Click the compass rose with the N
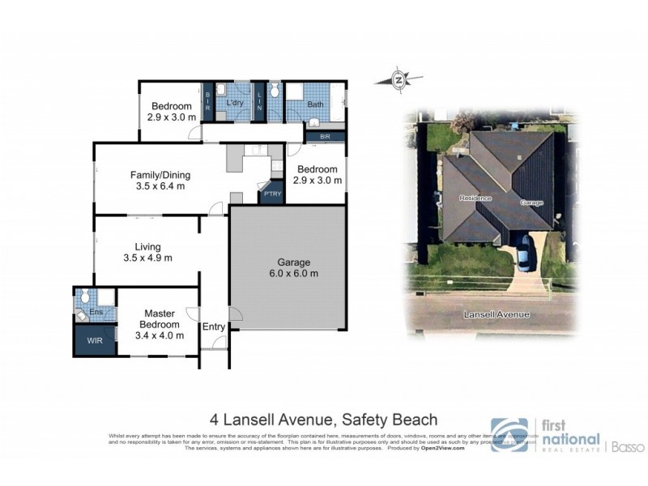pyautogui.click(x=399, y=79)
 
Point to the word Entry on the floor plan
pyautogui.click(x=214, y=326)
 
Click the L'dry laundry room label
pyautogui.click(x=236, y=104)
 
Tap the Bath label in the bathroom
pyautogui.click(x=315, y=105)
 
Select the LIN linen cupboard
pyautogui.click(x=260, y=102)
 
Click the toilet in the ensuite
pyautogui.click(x=84, y=296)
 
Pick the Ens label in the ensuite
pyautogui.click(x=94, y=311)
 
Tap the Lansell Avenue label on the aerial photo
pyautogui.click(x=497, y=314)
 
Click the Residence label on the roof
pyautogui.click(x=476, y=198)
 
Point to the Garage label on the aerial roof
pyautogui.click(x=531, y=202)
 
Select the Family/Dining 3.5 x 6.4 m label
pyautogui.click(x=158, y=180)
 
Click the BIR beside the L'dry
pyautogui.click(x=207, y=102)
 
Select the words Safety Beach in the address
pyautogui.click(x=390, y=420)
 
